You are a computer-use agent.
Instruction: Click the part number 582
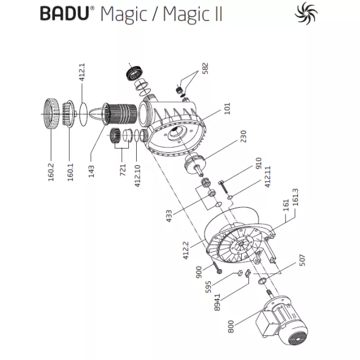tap(205, 69)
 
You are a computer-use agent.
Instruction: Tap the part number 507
tap(301, 260)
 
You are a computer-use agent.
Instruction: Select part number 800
tap(230, 326)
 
